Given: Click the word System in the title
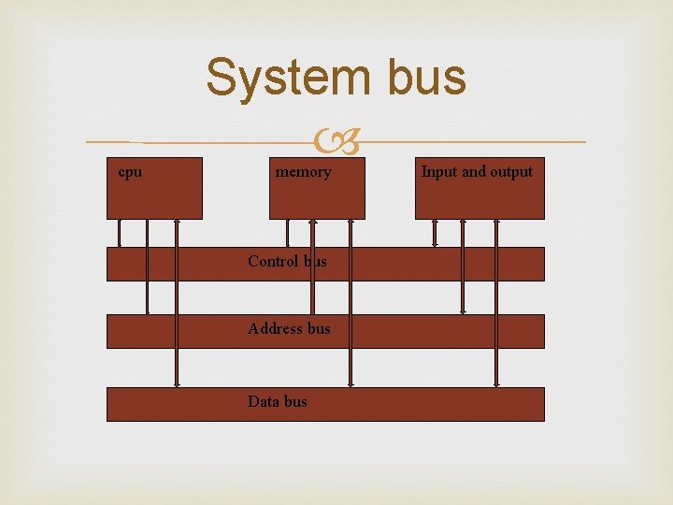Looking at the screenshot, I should (280, 77).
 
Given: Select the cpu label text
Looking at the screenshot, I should (130, 171).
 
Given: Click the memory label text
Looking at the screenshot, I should (303, 171).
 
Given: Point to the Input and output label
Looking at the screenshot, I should (477, 171).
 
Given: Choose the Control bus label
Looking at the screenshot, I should (287, 261).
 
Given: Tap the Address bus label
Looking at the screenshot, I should (289, 328).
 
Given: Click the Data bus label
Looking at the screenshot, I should (277, 401).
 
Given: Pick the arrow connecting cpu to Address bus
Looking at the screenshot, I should (147, 266).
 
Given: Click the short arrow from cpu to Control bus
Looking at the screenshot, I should (119, 232).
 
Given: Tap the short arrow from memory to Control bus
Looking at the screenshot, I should (287, 232).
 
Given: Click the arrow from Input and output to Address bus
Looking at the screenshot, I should (462, 266).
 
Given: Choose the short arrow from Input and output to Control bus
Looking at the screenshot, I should (434, 232).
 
